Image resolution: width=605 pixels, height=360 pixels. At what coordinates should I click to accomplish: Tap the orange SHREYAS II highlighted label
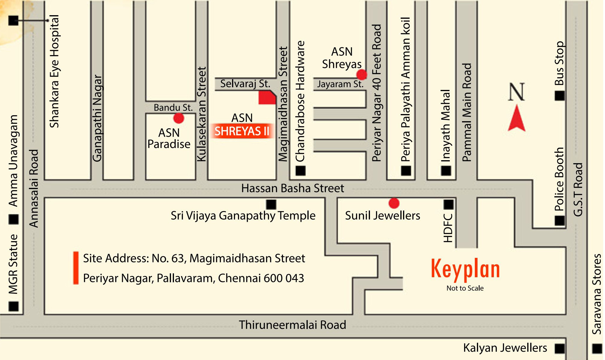tap(242, 131)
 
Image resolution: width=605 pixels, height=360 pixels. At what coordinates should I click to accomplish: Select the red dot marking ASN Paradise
tap(178, 118)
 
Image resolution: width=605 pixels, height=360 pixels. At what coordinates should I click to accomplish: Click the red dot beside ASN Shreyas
tap(361, 74)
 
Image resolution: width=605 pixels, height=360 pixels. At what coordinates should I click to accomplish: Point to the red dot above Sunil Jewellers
tap(394, 203)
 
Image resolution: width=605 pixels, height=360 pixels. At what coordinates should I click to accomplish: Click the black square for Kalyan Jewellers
tap(559, 348)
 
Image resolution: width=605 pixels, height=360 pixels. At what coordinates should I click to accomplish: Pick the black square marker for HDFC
tap(449, 205)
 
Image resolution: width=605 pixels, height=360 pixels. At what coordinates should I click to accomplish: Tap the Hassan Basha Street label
tap(293, 188)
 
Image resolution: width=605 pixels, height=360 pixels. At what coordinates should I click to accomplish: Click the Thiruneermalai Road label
tap(293, 325)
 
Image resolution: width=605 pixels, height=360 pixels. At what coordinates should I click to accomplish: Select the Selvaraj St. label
tap(245, 84)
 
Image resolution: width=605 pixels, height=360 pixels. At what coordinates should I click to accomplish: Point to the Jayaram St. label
tap(340, 84)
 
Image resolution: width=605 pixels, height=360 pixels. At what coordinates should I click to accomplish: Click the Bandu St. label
tap(173, 107)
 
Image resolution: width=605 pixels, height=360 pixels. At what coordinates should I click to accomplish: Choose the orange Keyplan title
tap(465, 269)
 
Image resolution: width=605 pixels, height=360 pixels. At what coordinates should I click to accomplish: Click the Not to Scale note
tap(465, 288)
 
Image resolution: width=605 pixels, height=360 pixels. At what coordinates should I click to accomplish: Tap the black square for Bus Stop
tap(559, 96)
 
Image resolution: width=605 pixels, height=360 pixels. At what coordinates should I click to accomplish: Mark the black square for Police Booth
tap(559, 221)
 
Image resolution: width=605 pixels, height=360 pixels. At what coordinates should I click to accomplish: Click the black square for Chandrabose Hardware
tap(300, 171)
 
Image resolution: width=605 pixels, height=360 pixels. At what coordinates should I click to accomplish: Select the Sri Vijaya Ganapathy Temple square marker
tap(271, 205)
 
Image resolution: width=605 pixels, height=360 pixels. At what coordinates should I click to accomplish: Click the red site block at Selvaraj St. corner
tap(267, 98)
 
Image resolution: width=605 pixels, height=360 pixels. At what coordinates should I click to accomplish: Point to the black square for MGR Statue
tap(14, 306)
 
